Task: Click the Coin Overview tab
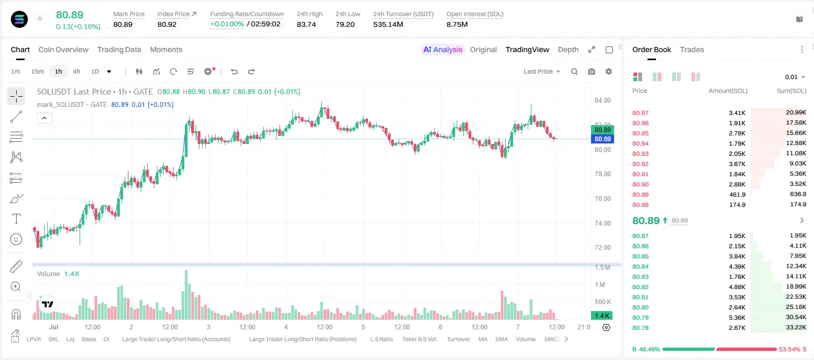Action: point(63,49)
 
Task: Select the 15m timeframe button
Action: point(37,71)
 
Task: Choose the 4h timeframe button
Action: point(76,71)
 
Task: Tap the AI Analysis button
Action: point(443,49)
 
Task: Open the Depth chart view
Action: point(568,49)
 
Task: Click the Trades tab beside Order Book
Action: point(692,49)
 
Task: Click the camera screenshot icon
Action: point(592,71)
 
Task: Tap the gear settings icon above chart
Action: point(609,71)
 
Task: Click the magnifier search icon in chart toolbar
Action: point(574,71)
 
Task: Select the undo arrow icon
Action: point(234,71)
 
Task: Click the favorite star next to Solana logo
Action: point(40,18)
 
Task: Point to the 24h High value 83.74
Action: point(306,24)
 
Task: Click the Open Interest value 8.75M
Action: point(457,24)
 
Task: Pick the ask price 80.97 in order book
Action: point(640,113)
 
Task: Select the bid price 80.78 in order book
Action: point(640,328)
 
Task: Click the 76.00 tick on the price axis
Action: point(603,199)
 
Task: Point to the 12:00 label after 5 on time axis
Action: point(402,327)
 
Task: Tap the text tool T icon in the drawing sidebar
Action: point(16,219)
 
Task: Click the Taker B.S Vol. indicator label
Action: point(420,339)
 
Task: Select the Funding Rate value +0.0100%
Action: point(227,24)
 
